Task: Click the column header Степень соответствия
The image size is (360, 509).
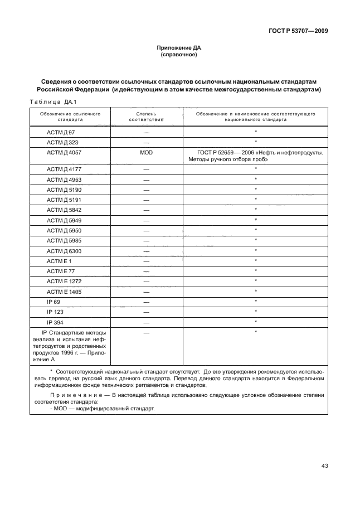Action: point(147,117)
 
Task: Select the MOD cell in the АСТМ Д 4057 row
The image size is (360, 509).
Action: point(147,152)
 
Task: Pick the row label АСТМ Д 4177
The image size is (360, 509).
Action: point(60,168)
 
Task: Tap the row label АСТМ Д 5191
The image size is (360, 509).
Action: point(60,199)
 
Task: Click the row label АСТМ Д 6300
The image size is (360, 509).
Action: point(60,250)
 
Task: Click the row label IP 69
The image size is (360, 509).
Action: point(53,302)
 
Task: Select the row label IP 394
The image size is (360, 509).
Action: point(55,322)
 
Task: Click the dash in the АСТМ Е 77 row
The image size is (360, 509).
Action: point(147,271)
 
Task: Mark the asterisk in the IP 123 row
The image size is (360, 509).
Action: point(255,312)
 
